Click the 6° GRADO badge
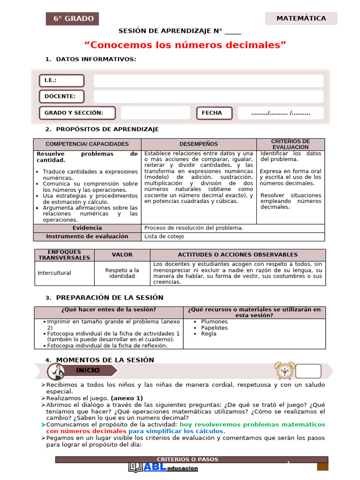coord(72,19)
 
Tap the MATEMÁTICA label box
coord(301,19)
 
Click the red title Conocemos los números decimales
coord(185,45)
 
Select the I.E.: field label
coord(61,81)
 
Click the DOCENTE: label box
coord(61,97)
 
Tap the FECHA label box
coord(215,113)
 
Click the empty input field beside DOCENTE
coord(208,97)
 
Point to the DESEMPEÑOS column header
coord(198,144)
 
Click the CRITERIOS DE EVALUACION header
coord(290,144)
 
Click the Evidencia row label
coord(87,228)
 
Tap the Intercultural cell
coord(54,273)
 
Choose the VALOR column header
coord(122,255)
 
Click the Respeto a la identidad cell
coord(122,273)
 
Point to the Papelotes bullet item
coord(214,328)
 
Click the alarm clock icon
coord(285,370)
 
